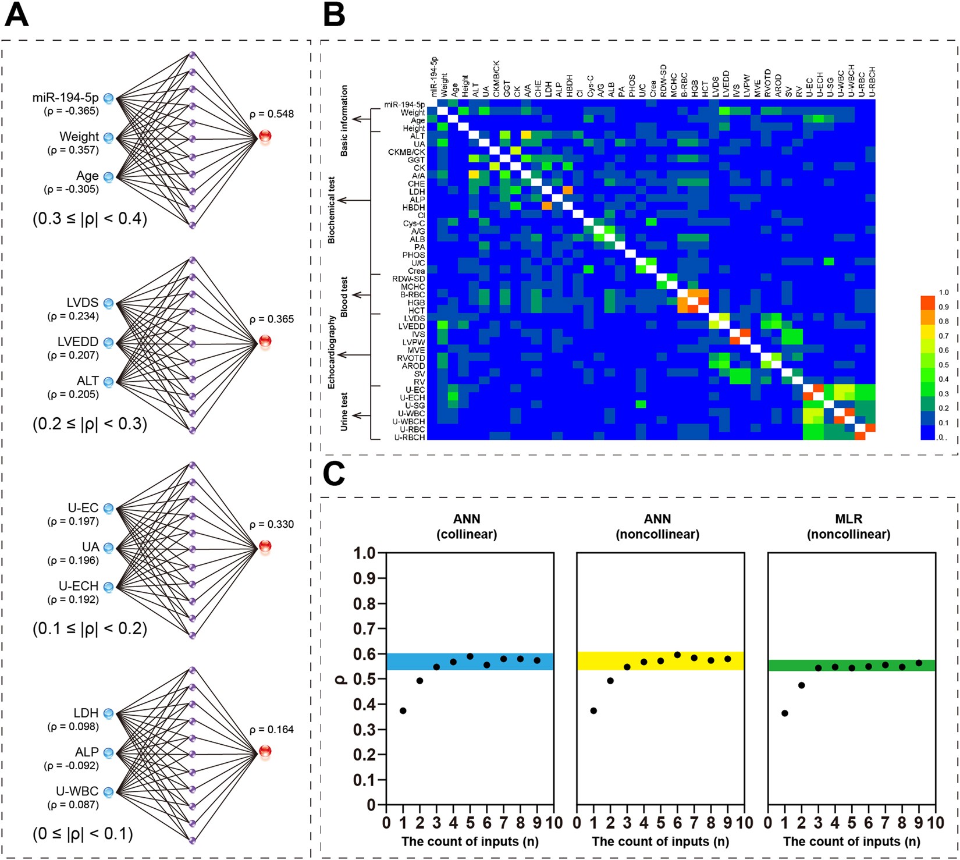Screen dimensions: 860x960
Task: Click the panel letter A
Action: point(16,16)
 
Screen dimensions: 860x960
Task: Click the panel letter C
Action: point(334,474)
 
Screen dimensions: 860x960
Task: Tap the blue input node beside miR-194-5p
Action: point(108,98)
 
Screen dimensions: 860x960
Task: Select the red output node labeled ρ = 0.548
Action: point(265,137)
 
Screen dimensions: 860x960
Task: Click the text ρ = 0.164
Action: point(271,730)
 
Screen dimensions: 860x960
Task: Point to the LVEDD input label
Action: point(78,342)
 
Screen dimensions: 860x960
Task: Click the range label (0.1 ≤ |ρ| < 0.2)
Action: point(90,628)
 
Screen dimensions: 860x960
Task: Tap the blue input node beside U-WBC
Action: point(108,792)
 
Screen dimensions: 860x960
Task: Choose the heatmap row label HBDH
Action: point(414,208)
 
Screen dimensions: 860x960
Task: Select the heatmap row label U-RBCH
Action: point(410,437)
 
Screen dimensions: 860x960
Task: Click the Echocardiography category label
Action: point(332,352)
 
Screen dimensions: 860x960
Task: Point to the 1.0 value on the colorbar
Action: point(943,293)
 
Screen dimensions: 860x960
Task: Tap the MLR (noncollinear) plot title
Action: point(848,527)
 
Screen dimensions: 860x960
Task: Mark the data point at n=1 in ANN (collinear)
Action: point(403,710)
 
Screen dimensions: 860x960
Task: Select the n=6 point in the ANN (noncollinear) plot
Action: point(677,655)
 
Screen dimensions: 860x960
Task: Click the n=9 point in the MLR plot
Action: point(919,663)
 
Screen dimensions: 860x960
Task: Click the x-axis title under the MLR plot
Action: point(851,841)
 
